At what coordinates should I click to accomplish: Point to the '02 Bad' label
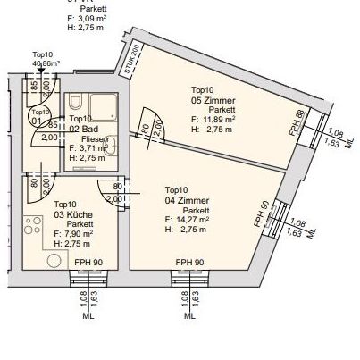(x=84, y=130)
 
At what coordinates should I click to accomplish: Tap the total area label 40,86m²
(x=45, y=64)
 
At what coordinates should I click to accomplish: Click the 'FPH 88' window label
(x=299, y=121)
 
